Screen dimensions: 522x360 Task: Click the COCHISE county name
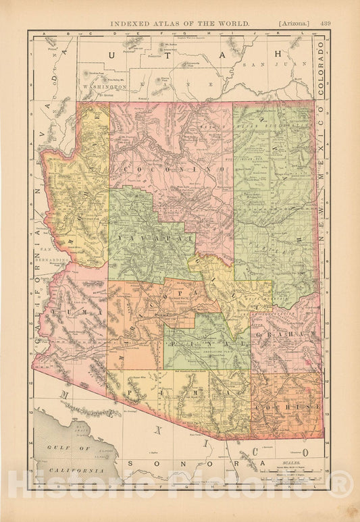point(288,407)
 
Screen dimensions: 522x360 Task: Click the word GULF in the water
point(51,457)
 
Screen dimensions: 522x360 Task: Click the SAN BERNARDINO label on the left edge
point(58,254)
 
